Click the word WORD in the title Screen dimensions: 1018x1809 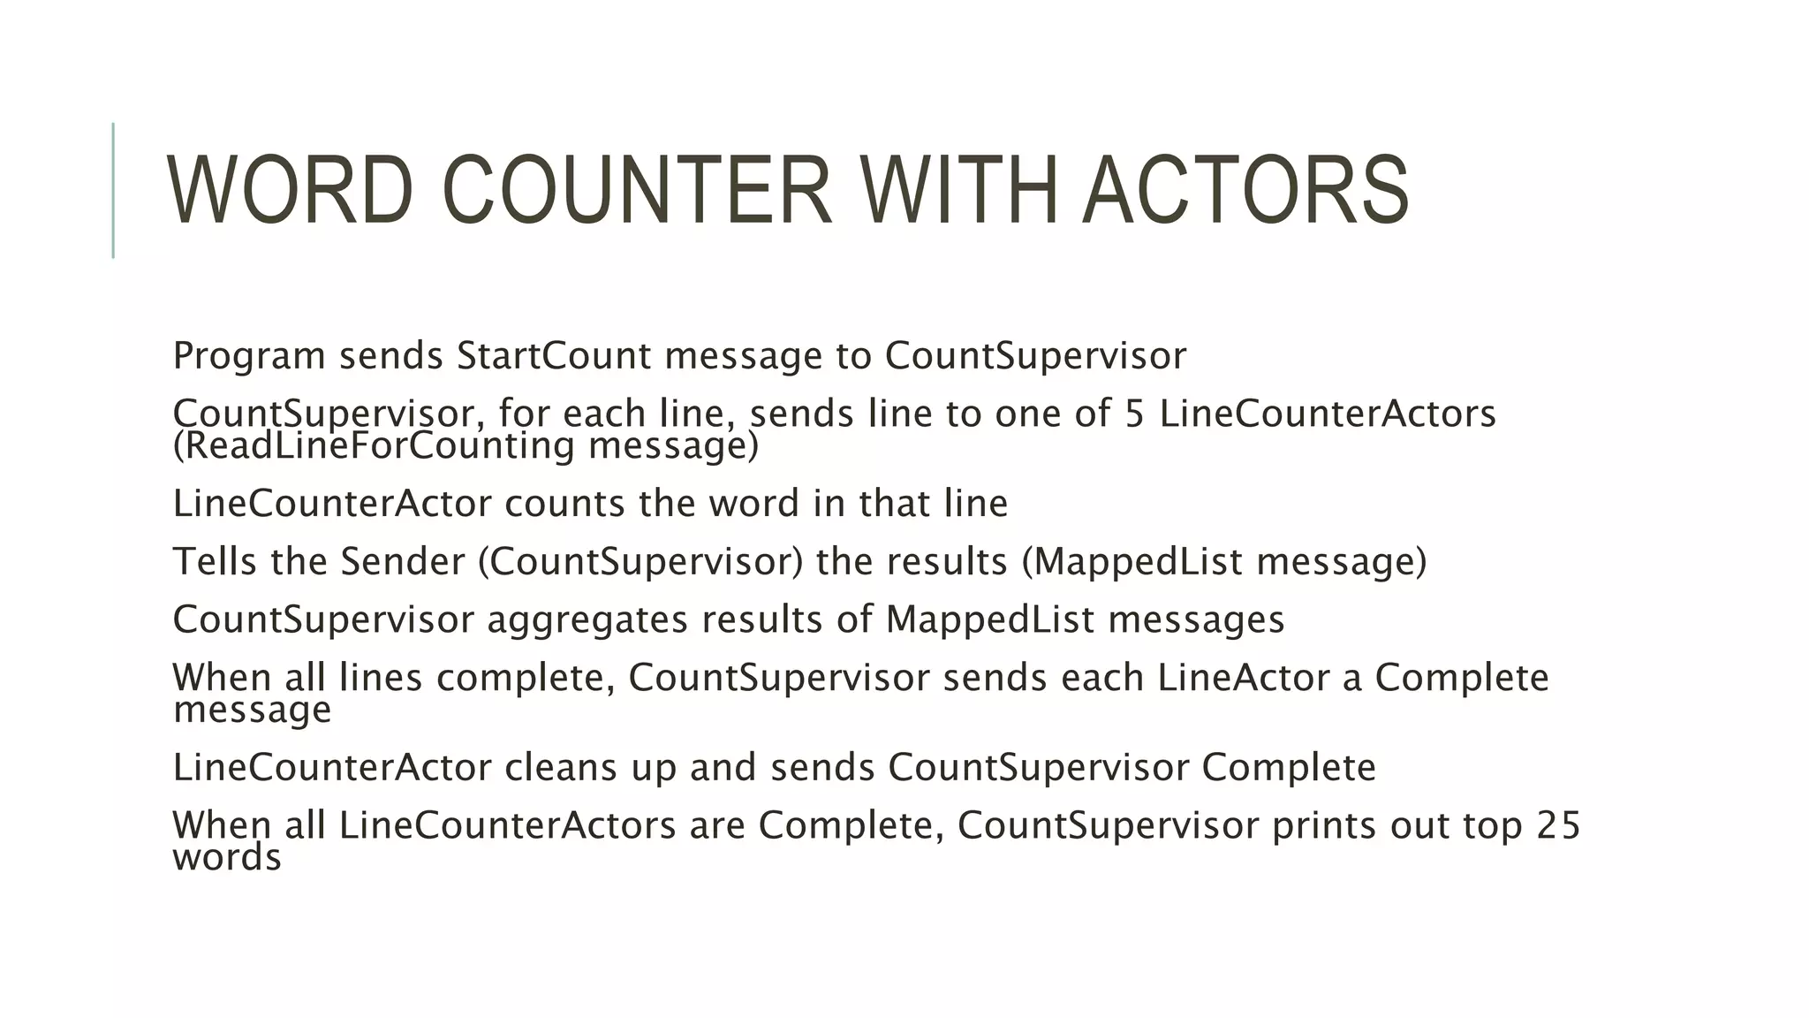tap(290, 191)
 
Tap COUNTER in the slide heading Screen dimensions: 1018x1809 tap(636, 191)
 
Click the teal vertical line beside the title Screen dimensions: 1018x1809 tap(113, 190)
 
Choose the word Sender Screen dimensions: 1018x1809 tap(403, 562)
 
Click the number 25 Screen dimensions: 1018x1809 tap(1558, 825)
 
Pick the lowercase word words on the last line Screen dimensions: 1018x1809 tap(227, 858)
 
